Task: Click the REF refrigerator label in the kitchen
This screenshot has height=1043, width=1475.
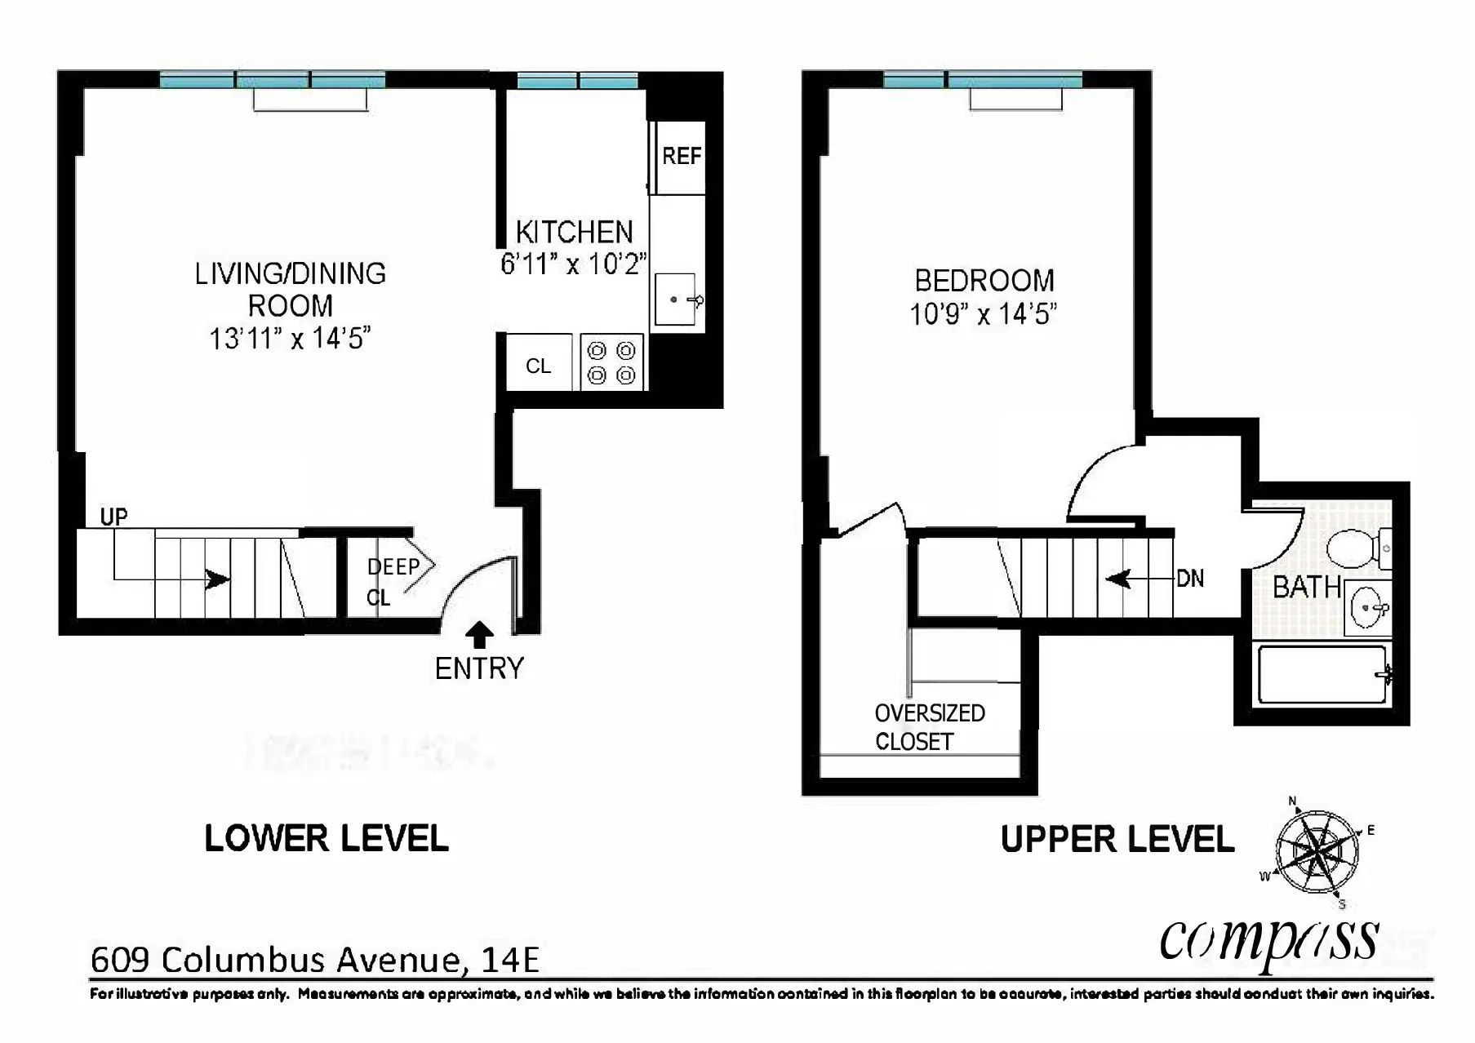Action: (681, 156)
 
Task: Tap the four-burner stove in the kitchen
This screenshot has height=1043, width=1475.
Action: (612, 362)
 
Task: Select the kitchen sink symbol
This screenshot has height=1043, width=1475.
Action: (676, 300)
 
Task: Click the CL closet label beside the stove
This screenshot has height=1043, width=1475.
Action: (538, 366)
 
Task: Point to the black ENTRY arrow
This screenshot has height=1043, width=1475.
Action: (479, 635)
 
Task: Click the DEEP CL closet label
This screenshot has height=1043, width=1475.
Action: (393, 580)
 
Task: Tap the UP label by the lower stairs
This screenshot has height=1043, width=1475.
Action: (113, 517)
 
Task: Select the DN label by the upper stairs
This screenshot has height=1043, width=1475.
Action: (1190, 579)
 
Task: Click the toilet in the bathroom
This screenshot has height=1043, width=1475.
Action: (1356, 548)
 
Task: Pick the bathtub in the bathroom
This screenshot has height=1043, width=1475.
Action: (1322, 675)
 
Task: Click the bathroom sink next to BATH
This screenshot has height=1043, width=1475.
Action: (1367, 608)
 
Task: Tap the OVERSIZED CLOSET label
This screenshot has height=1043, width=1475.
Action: (929, 726)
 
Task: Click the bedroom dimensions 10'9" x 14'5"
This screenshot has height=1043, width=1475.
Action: (983, 314)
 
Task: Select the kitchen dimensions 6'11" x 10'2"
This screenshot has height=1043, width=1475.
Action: (573, 264)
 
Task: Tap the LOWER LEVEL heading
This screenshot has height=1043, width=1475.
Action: (326, 839)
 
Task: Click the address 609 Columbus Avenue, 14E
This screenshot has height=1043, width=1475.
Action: (314, 960)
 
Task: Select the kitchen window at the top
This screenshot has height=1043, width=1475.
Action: (578, 80)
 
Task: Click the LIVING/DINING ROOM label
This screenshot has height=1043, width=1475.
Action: (290, 289)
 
